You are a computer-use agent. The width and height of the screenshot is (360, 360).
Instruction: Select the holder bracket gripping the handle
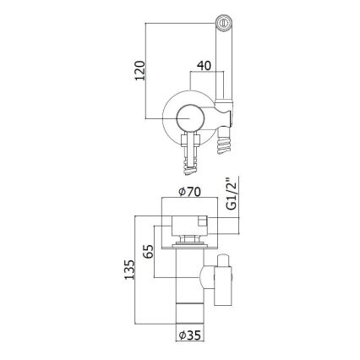coord(224,113)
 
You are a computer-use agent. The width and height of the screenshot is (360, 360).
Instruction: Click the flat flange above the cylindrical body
coord(188,249)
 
